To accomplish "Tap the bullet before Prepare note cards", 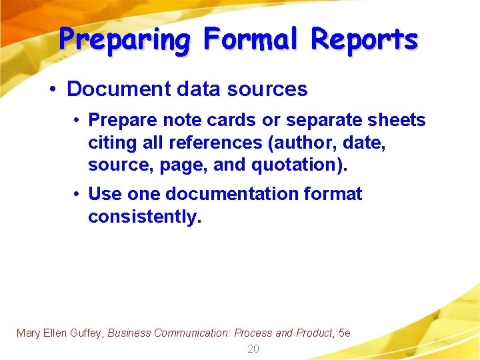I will tap(78, 120).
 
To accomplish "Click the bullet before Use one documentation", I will tap(78, 194).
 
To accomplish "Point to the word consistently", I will tap(145, 216).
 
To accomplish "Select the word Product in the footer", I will tap(313, 333).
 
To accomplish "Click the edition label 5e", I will tap(344, 333).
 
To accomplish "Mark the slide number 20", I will tap(253, 349).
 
